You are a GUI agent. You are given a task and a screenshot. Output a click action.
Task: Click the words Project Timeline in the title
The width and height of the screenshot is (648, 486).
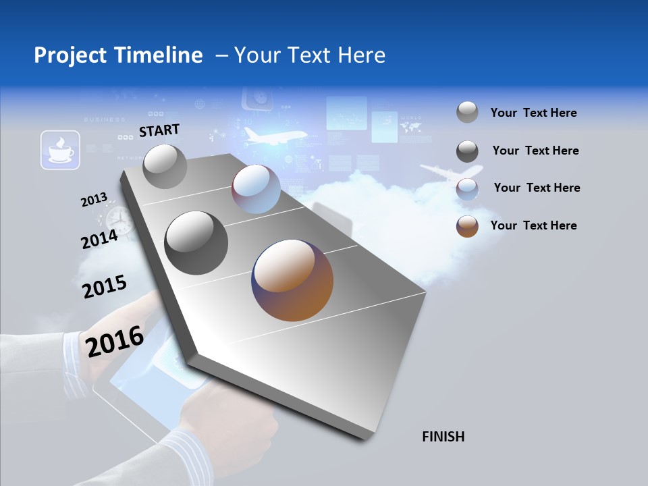[118, 55]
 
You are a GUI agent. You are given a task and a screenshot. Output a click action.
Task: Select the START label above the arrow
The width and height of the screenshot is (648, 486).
[159, 130]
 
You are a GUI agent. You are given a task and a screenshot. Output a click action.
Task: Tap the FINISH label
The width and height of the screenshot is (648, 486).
[443, 437]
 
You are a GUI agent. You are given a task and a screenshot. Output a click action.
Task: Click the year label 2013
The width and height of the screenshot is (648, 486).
[94, 200]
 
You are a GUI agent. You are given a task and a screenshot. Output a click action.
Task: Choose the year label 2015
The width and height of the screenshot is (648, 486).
[105, 286]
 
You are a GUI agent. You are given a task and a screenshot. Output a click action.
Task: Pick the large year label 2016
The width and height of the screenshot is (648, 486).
[115, 341]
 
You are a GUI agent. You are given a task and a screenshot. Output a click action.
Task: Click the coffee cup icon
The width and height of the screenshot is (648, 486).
[60, 150]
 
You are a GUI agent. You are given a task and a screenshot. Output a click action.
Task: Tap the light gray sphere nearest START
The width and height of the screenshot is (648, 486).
[165, 166]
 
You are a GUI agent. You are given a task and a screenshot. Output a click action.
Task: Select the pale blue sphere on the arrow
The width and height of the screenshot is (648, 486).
[256, 189]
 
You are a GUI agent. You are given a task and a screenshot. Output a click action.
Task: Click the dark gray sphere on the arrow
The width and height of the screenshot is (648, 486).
[196, 242]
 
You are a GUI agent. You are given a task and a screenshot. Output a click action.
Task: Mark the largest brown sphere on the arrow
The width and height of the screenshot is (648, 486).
[292, 279]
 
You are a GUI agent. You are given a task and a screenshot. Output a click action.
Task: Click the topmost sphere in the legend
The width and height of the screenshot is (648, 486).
[467, 113]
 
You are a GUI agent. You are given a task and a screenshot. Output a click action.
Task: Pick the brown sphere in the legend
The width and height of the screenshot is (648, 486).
[467, 225]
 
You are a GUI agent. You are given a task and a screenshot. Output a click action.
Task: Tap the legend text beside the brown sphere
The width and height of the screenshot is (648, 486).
[533, 225]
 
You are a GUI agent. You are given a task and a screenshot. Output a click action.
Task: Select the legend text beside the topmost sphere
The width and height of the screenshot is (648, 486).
[533, 113]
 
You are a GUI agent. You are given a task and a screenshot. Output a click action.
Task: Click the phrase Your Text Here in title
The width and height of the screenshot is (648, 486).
[310, 55]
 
